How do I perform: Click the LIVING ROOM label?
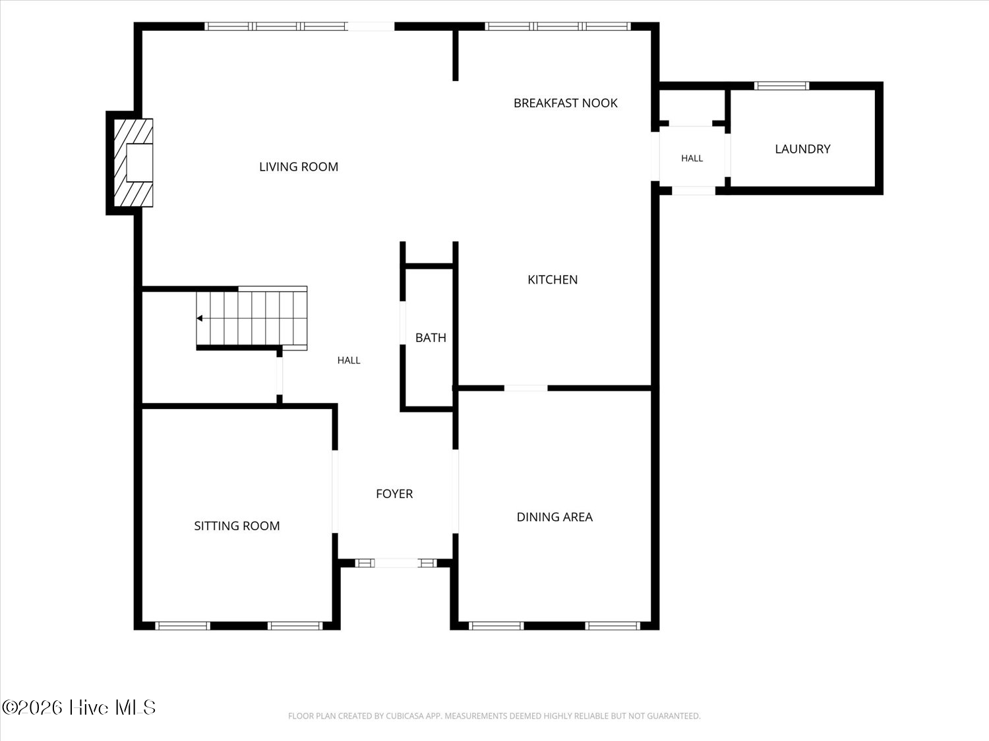coord(298,167)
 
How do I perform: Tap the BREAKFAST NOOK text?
coord(566,103)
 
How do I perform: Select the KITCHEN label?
coord(553,280)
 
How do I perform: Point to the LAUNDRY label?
coord(802,149)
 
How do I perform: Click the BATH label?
coord(431,337)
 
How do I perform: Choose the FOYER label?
coord(394,494)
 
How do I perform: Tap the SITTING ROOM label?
coord(237,526)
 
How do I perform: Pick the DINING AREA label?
coord(554,517)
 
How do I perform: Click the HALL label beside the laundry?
coord(692,158)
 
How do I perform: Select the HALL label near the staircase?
coord(349,360)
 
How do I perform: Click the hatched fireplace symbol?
coord(133,163)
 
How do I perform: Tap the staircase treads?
coord(252,319)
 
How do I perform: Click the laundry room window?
coord(782,86)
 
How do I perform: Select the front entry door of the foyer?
coord(396,563)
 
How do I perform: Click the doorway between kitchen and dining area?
coord(525,388)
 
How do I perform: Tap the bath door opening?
coord(403,323)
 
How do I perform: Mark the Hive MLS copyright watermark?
coord(79,707)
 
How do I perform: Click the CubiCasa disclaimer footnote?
coord(494,716)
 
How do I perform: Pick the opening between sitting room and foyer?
coord(335,492)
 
